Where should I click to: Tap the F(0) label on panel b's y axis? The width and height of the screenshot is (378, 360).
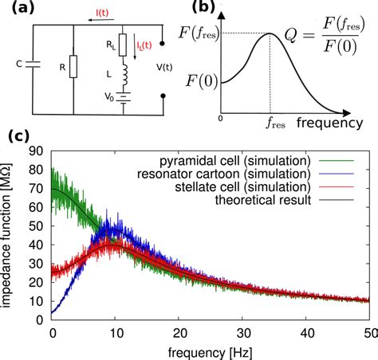click(x=202, y=81)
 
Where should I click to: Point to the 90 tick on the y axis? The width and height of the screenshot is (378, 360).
click(x=38, y=151)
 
